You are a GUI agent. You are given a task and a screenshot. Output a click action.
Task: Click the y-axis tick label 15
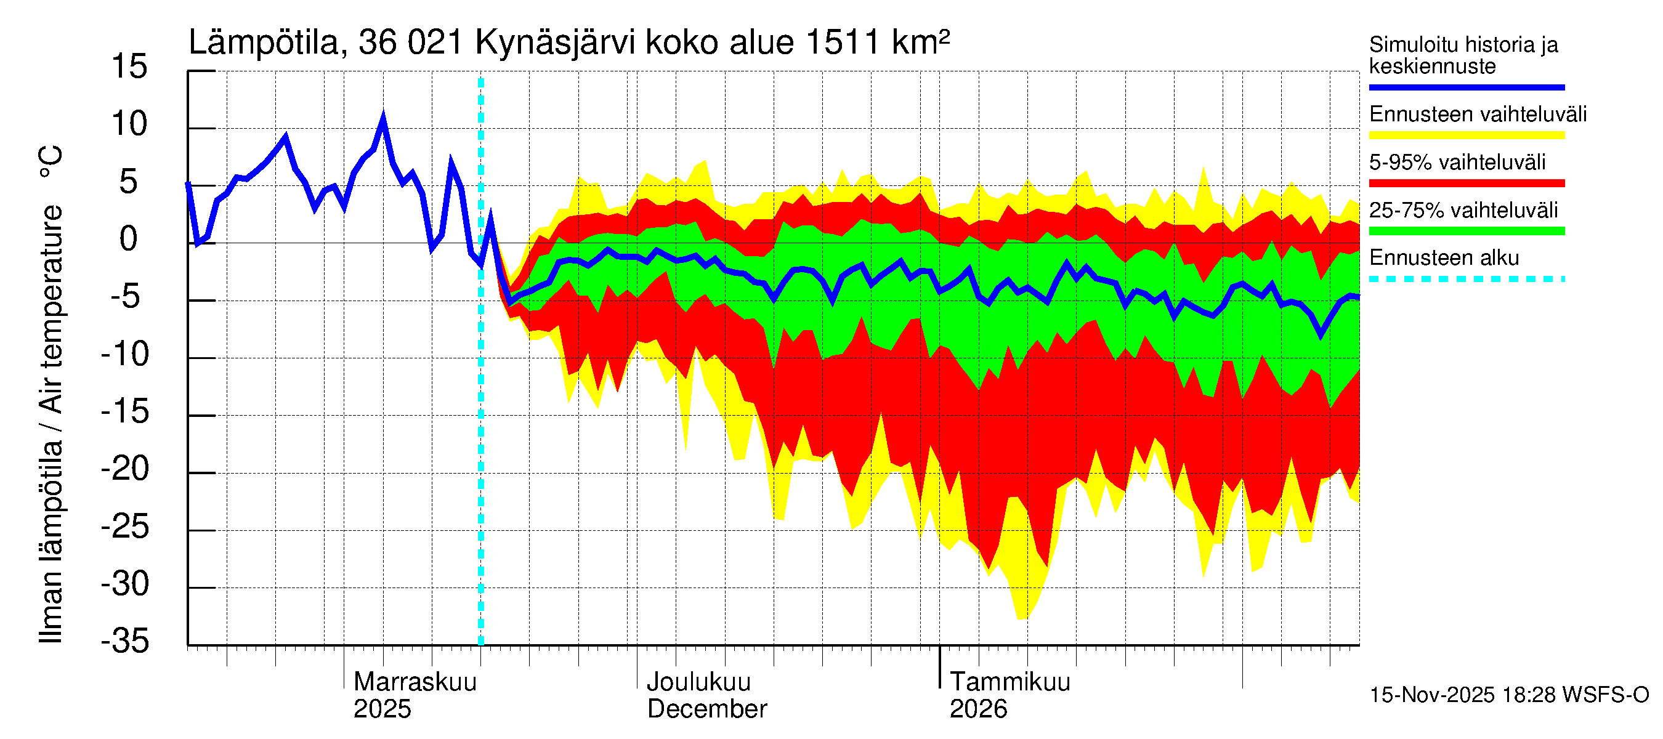[129, 67]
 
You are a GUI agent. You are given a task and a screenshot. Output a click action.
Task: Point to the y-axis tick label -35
[125, 642]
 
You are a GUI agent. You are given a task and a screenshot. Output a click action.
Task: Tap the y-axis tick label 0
[129, 240]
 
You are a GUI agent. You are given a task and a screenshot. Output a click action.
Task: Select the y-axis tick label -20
[125, 469]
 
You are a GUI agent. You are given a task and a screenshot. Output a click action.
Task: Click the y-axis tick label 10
[129, 124]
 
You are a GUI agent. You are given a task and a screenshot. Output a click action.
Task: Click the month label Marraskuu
[415, 682]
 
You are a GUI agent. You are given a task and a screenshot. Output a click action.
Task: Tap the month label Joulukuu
[698, 682]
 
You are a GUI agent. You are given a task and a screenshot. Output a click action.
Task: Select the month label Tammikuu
[1010, 682]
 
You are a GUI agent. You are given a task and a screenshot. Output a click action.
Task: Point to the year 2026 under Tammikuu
[978, 709]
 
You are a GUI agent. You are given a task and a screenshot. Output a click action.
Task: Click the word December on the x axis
[707, 709]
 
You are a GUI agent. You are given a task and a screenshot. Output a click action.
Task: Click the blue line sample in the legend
[1466, 87]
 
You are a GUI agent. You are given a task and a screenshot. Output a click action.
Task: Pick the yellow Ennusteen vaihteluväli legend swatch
[1466, 135]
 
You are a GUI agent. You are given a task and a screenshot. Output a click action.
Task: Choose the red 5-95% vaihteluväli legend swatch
[1466, 184]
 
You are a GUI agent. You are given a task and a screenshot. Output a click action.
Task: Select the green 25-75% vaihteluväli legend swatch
[1466, 231]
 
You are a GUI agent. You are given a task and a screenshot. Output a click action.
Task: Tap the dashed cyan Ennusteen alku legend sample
[1466, 280]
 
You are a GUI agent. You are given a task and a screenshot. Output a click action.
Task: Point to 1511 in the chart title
[842, 43]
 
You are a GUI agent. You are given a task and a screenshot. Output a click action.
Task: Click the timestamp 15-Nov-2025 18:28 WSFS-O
[1508, 695]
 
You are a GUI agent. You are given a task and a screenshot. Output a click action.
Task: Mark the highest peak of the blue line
[384, 118]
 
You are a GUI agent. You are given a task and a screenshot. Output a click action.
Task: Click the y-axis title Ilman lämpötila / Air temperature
[51, 394]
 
